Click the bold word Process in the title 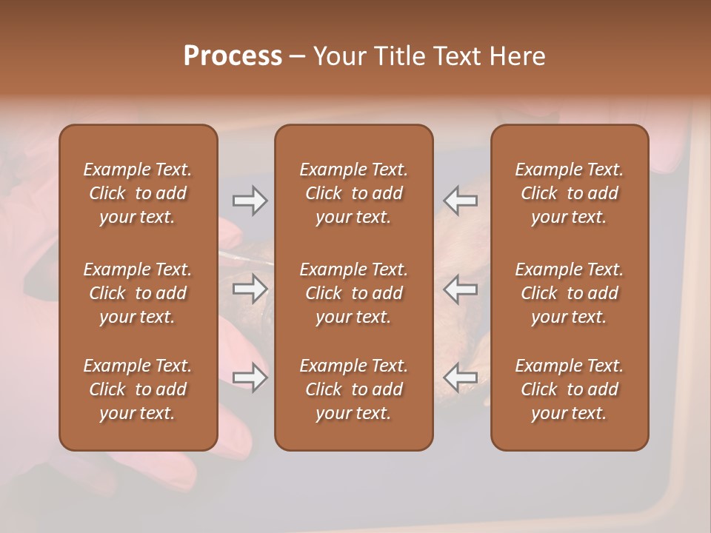pos(233,56)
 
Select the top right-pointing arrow pos(250,200)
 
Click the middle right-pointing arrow pos(250,289)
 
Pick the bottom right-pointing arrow pos(250,378)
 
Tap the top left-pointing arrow pos(461,200)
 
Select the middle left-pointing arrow pos(461,289)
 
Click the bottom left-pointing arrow pos(461,378)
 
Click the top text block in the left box pos(138,193)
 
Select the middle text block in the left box pos(138,293)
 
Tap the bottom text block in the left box pos(138,389)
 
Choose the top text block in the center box pos(353,193)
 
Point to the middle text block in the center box pos(353,293)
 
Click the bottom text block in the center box pos(353,389)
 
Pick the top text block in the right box pos(569,193)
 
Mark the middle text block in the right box pos(569,293)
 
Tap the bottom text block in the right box pos(569,389)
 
